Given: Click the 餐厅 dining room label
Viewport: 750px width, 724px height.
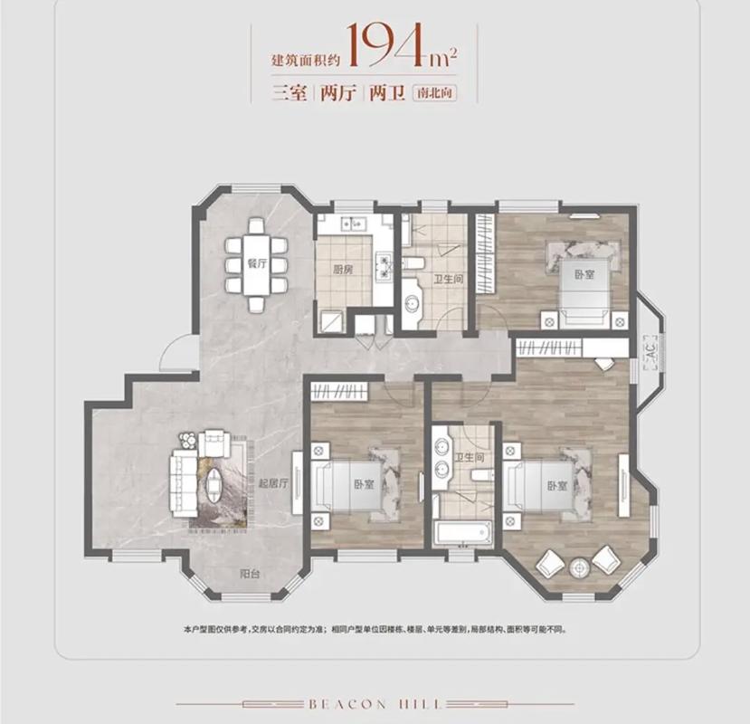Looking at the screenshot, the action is pyautogui.click(x=257, y=263).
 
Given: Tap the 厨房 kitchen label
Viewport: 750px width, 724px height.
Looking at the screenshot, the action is pyautogui.click(x=343, y=270).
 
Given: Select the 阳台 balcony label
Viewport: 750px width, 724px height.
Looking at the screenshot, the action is pyautogui.click(x=249, y=574).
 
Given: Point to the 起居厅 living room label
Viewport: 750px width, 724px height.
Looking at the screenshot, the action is pyautogui.click(x=273, y=483).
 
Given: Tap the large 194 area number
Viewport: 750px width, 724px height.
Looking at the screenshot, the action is pyautogui.click(x=387, y=44).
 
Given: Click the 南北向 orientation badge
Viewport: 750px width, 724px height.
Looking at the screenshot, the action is pyautogui.click(x=434, y=92).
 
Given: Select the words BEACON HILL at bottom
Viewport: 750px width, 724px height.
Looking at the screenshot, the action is pyautogui.click(x=375, y=704).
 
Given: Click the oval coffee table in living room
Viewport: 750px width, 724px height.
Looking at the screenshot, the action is pyautogui.click(x=214, y=484).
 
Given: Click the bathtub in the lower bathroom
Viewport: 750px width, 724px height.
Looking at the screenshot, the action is pyautogui.click(x=462, y=532).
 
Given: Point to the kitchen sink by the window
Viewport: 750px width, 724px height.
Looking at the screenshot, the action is pyautogui.click(x=354, y=223).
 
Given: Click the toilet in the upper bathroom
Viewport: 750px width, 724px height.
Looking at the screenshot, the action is pyautogui.click(x=413, y=262).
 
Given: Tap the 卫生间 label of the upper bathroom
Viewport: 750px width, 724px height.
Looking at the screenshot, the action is pyautogui.click(x=448, y=279).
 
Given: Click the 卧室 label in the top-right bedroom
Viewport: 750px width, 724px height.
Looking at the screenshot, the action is pyautogui.click(x=584, y=274).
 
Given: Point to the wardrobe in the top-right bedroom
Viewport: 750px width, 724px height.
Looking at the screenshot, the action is pyautogui.click(x=486, y=252).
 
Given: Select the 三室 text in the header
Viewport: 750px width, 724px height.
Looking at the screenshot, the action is pyautogui.click(x=290, y=92).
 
